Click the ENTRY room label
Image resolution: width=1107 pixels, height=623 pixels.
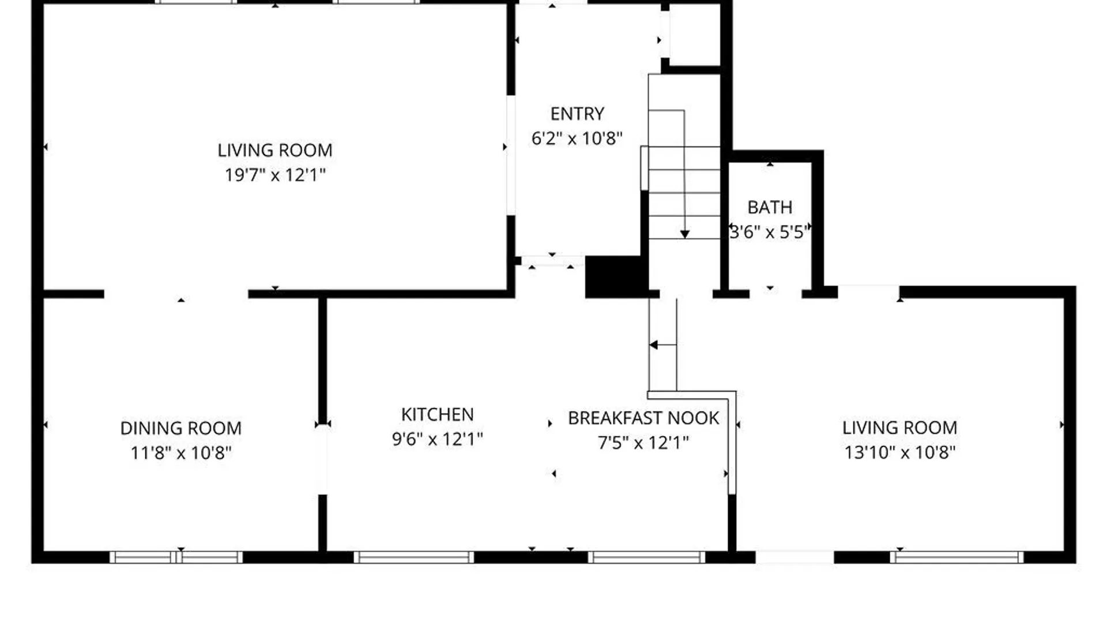577,114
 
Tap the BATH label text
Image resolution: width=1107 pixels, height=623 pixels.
770,207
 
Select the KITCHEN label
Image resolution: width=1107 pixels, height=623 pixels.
437,414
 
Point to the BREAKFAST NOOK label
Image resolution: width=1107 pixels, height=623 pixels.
643,418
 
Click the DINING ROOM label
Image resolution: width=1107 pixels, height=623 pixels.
180,428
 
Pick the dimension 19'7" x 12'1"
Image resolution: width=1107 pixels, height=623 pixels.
275,175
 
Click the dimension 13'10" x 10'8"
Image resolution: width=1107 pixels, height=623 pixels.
899,452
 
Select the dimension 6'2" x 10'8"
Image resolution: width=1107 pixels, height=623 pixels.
577,138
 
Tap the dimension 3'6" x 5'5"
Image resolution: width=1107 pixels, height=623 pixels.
770,232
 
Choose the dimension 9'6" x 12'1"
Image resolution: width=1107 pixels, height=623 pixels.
437,439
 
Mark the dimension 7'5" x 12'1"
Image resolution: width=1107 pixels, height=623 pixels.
643,442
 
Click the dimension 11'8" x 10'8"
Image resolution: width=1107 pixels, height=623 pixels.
180,453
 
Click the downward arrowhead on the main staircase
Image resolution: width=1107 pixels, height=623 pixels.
684,234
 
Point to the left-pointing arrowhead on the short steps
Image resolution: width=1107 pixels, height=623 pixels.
654,345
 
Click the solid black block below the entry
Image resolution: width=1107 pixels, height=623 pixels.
614,277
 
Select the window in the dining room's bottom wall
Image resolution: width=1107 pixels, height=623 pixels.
176,557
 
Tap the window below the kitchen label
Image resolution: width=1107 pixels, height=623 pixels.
413,557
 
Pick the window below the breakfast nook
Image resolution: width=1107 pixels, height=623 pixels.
646,557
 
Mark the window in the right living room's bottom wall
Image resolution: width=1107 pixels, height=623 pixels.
957,557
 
